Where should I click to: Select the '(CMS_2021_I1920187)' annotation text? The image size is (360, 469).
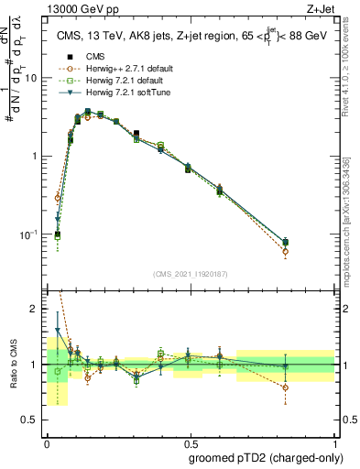pyautogui.click(x=190, y=274)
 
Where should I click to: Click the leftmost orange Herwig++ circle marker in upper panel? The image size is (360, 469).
pyautogui.click(x=58, y=198)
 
